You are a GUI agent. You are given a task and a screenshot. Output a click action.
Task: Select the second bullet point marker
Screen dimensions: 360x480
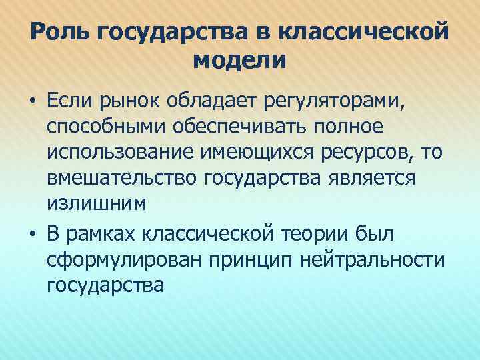click(x=33, y=234)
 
